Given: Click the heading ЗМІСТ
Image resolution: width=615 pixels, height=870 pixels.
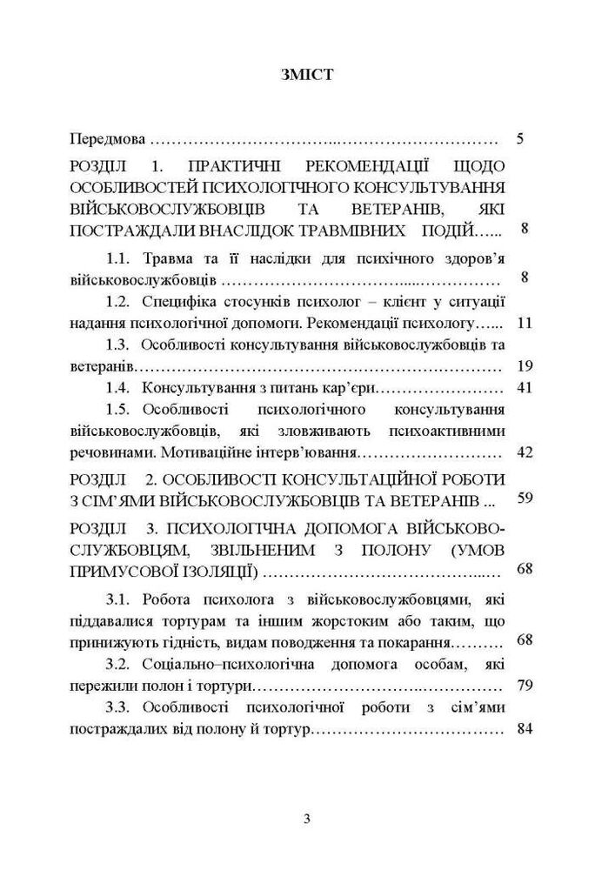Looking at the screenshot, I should coord(306,76).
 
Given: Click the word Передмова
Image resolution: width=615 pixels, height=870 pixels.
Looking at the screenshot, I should coord(109,139).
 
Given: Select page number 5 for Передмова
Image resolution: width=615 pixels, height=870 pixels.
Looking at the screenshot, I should coord(520,139).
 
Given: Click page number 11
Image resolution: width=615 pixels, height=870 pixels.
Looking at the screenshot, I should coord(523,323).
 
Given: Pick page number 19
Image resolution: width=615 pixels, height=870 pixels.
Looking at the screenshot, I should coord(523,365).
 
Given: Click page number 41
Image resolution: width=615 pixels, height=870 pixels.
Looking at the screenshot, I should coord(523,387).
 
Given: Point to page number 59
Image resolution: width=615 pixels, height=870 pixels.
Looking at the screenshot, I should coord(523,499).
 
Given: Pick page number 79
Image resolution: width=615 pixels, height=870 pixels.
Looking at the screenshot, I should coord(523,686).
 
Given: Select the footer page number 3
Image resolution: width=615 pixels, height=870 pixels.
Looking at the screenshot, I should coord(307,818).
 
